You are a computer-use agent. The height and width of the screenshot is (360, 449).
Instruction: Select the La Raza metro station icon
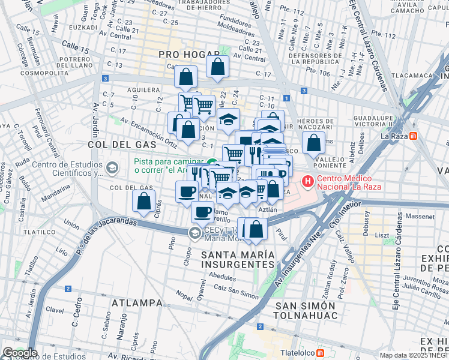[412, 136]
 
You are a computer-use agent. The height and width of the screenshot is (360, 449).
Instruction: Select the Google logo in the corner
[19, 353]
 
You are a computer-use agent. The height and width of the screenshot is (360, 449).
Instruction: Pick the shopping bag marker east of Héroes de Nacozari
[313, 143]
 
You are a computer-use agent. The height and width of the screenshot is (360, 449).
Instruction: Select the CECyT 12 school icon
[194, 233]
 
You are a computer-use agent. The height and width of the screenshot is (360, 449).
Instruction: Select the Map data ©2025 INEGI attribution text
[413, 355]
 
